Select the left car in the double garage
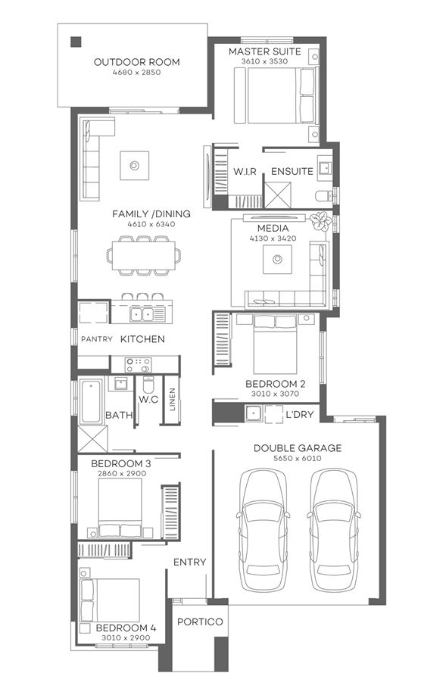point(262,522)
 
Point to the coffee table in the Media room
point(277,260)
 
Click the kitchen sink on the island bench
point(141,313)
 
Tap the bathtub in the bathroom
point(90,401)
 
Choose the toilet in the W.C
point(148,384)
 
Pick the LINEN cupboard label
point(172,400)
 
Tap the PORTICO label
point(200,622)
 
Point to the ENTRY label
point(189,562)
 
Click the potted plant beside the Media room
point(321,221)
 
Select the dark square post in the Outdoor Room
point(76,42)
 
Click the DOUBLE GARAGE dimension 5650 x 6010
point(297,459)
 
